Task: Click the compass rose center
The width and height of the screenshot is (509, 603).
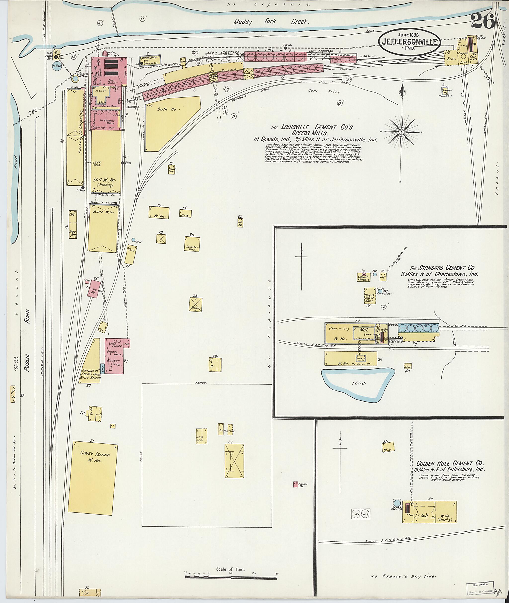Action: click(401, 132)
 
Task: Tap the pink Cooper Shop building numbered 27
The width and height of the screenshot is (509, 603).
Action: click(115, 356)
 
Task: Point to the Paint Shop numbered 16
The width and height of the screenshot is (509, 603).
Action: click(172, 169)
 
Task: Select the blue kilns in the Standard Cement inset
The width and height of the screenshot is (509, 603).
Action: click(418, 327)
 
